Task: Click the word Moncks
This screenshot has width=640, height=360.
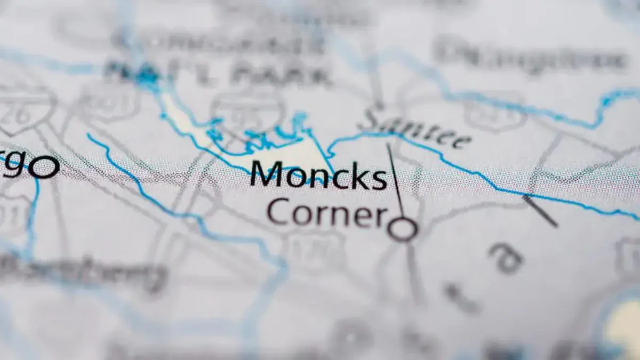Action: click(x=318, y=174)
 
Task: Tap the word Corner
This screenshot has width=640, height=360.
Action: click(x=327, y=212)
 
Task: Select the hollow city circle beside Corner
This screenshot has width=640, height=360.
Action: click(x=402, y=229)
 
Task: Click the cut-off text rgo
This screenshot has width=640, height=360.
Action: click(x=29, y=167)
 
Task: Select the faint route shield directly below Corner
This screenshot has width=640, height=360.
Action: click(x=315, y=251)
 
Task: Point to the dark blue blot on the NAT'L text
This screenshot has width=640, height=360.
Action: click(x=147, y=77)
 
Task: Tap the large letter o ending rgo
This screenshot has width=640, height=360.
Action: click(x=44, y=167)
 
